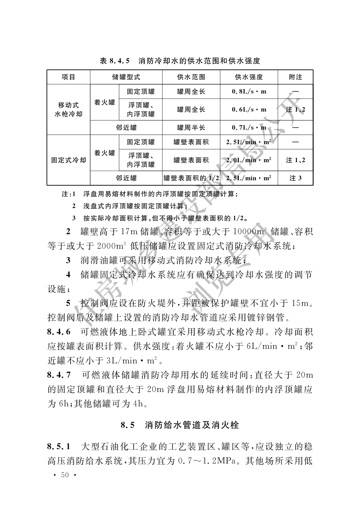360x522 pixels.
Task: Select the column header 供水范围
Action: click(x=191, y=77)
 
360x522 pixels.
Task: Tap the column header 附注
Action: click(x=295, y=77)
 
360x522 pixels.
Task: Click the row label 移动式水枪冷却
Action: click(x=69, y=109)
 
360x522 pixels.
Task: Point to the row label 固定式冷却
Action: click(x=69, y=160)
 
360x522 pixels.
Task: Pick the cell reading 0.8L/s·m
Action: click(x=249, y=92)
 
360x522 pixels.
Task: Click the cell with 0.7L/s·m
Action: click(x=249, y=128)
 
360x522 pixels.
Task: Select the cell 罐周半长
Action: click(x=191, y=128)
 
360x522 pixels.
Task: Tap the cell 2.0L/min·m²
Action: click(x=249, y=160)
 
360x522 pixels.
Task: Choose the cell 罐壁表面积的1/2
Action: click(x=191, y=178)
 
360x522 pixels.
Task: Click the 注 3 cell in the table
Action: click(x=295, y=178)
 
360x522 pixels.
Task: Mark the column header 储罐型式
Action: click(x=126, y=77)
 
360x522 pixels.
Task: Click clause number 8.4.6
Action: click(x=59, y=332)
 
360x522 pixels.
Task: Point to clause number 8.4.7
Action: click(x=59, y=374)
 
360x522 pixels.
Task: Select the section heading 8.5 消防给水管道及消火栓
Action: click(x=180, y=425)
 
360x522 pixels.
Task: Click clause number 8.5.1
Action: click(x=59, y=446)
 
